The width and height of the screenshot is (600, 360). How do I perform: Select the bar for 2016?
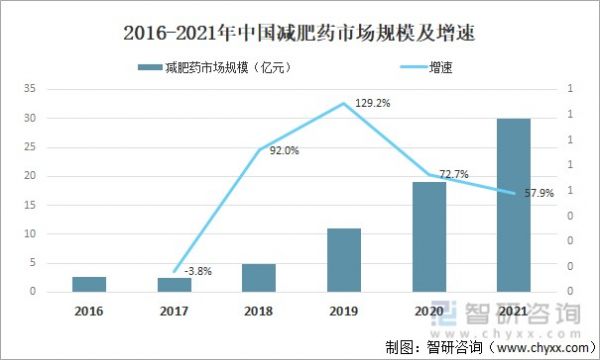coord(89,284)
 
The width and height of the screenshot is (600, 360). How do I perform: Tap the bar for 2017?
coord(174,285)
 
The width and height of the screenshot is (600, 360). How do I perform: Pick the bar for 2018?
coord(258,278)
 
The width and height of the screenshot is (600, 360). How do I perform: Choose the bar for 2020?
coord(428,237)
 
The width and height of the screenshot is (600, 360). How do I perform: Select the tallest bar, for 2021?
coord(513,205)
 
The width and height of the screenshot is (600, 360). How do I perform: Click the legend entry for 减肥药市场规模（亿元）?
coord(220,68)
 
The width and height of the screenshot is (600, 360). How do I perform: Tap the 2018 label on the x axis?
coord(258,311)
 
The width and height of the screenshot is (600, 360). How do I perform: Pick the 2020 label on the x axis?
coord(428,311)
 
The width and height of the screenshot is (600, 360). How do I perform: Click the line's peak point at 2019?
coord(343,103)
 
